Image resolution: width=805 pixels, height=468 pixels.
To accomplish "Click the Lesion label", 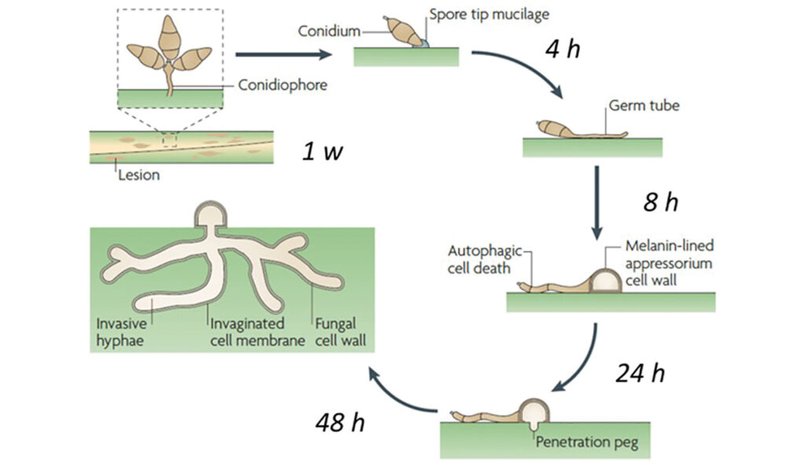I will (138, 175).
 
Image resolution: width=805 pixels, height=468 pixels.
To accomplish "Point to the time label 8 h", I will (660, 202).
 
